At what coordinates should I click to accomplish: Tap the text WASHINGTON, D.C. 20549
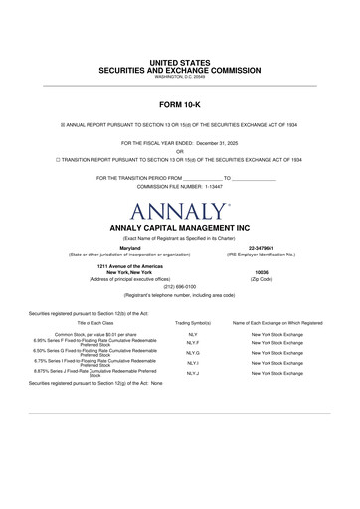[x=180, y=79]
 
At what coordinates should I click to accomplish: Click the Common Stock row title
[x=95, y=336]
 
